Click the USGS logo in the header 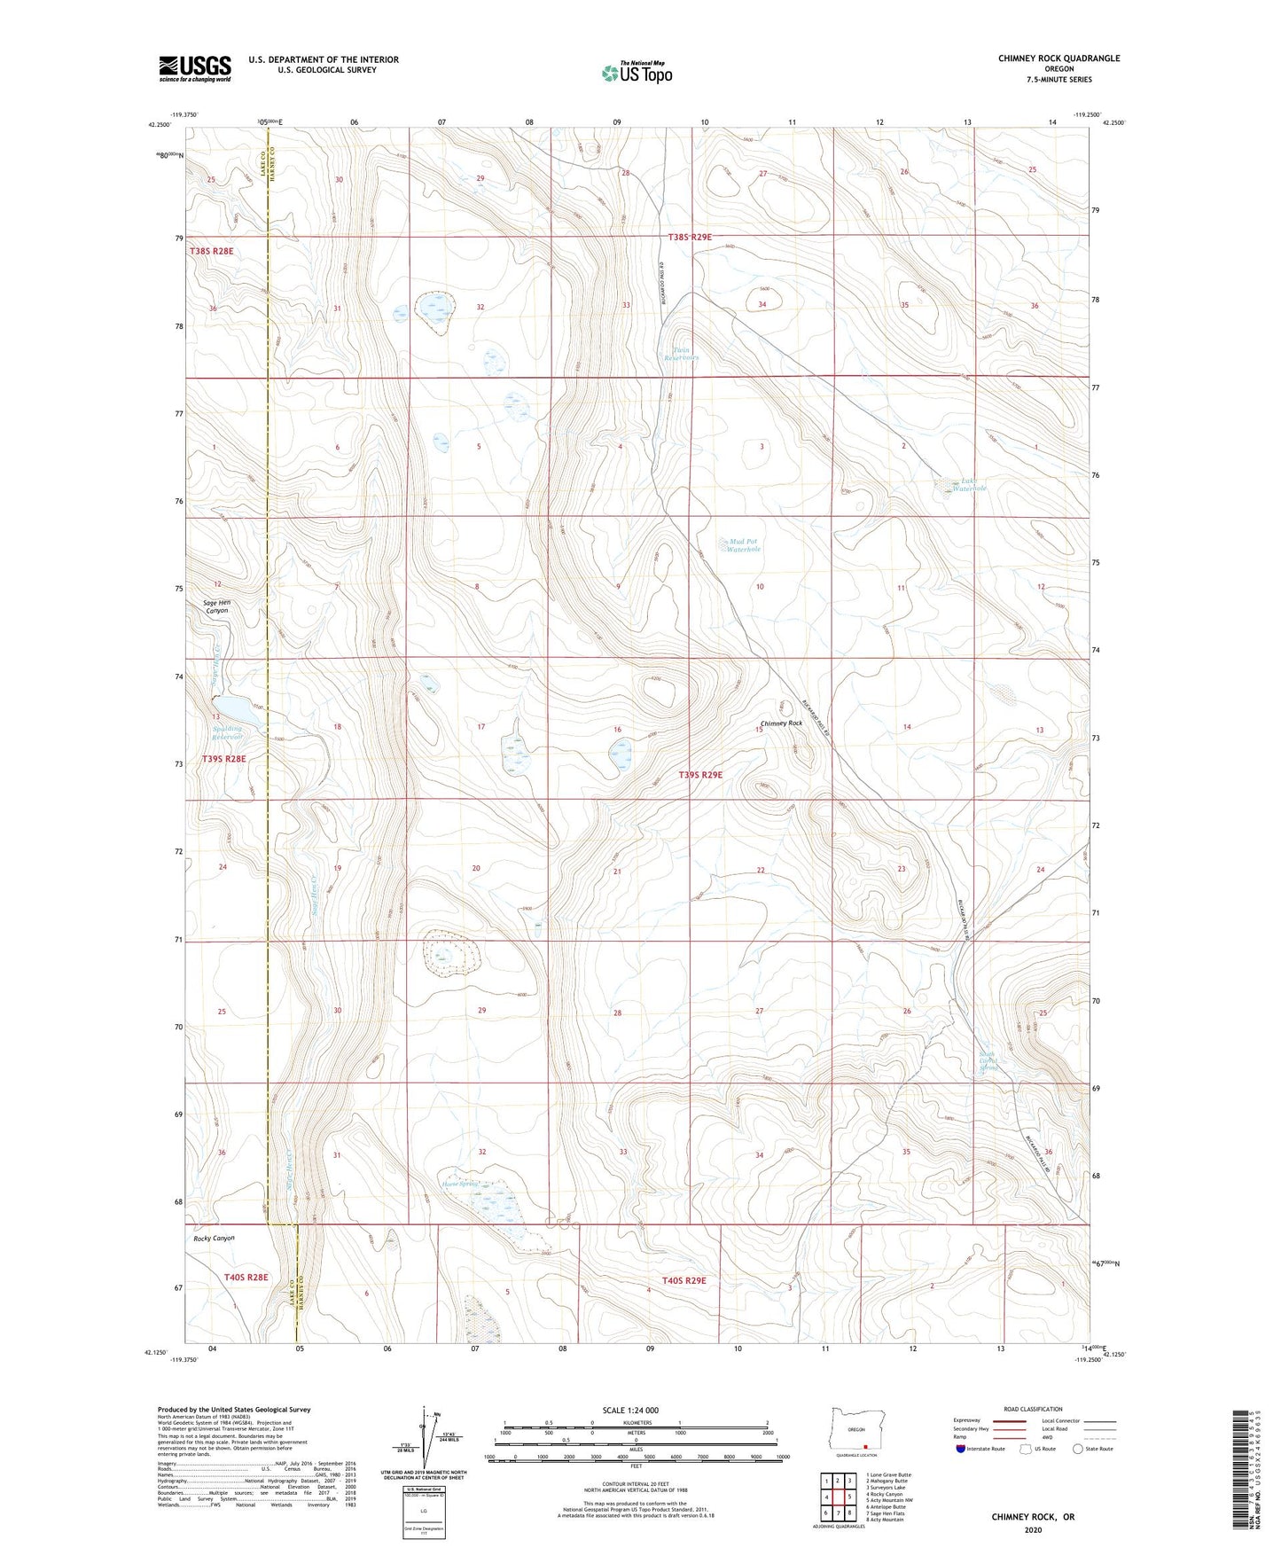(195, 68)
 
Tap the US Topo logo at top (637, 73)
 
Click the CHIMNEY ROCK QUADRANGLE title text (1058, 59)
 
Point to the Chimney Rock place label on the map (781, 723)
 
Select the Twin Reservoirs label (681, 354)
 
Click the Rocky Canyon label (214, 1239)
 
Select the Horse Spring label (461, 1183)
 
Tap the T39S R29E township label (700, 775)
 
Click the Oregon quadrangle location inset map (856, 1431)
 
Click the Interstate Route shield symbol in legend (961, 1449)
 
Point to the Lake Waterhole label (973, 486)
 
